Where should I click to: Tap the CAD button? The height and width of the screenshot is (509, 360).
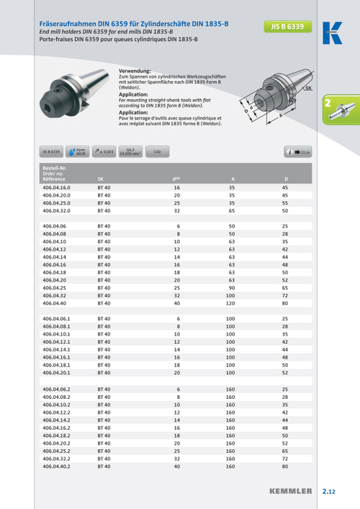click(158, 152)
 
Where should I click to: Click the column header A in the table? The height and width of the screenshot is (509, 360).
click(232, 179)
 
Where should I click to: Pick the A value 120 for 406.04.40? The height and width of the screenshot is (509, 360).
click(231, 303)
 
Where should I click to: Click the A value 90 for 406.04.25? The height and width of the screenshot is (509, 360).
click(232, 288)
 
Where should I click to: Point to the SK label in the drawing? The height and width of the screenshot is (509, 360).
click(308, 88)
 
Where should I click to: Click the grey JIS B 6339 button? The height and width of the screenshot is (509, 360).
click(50, 152)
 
